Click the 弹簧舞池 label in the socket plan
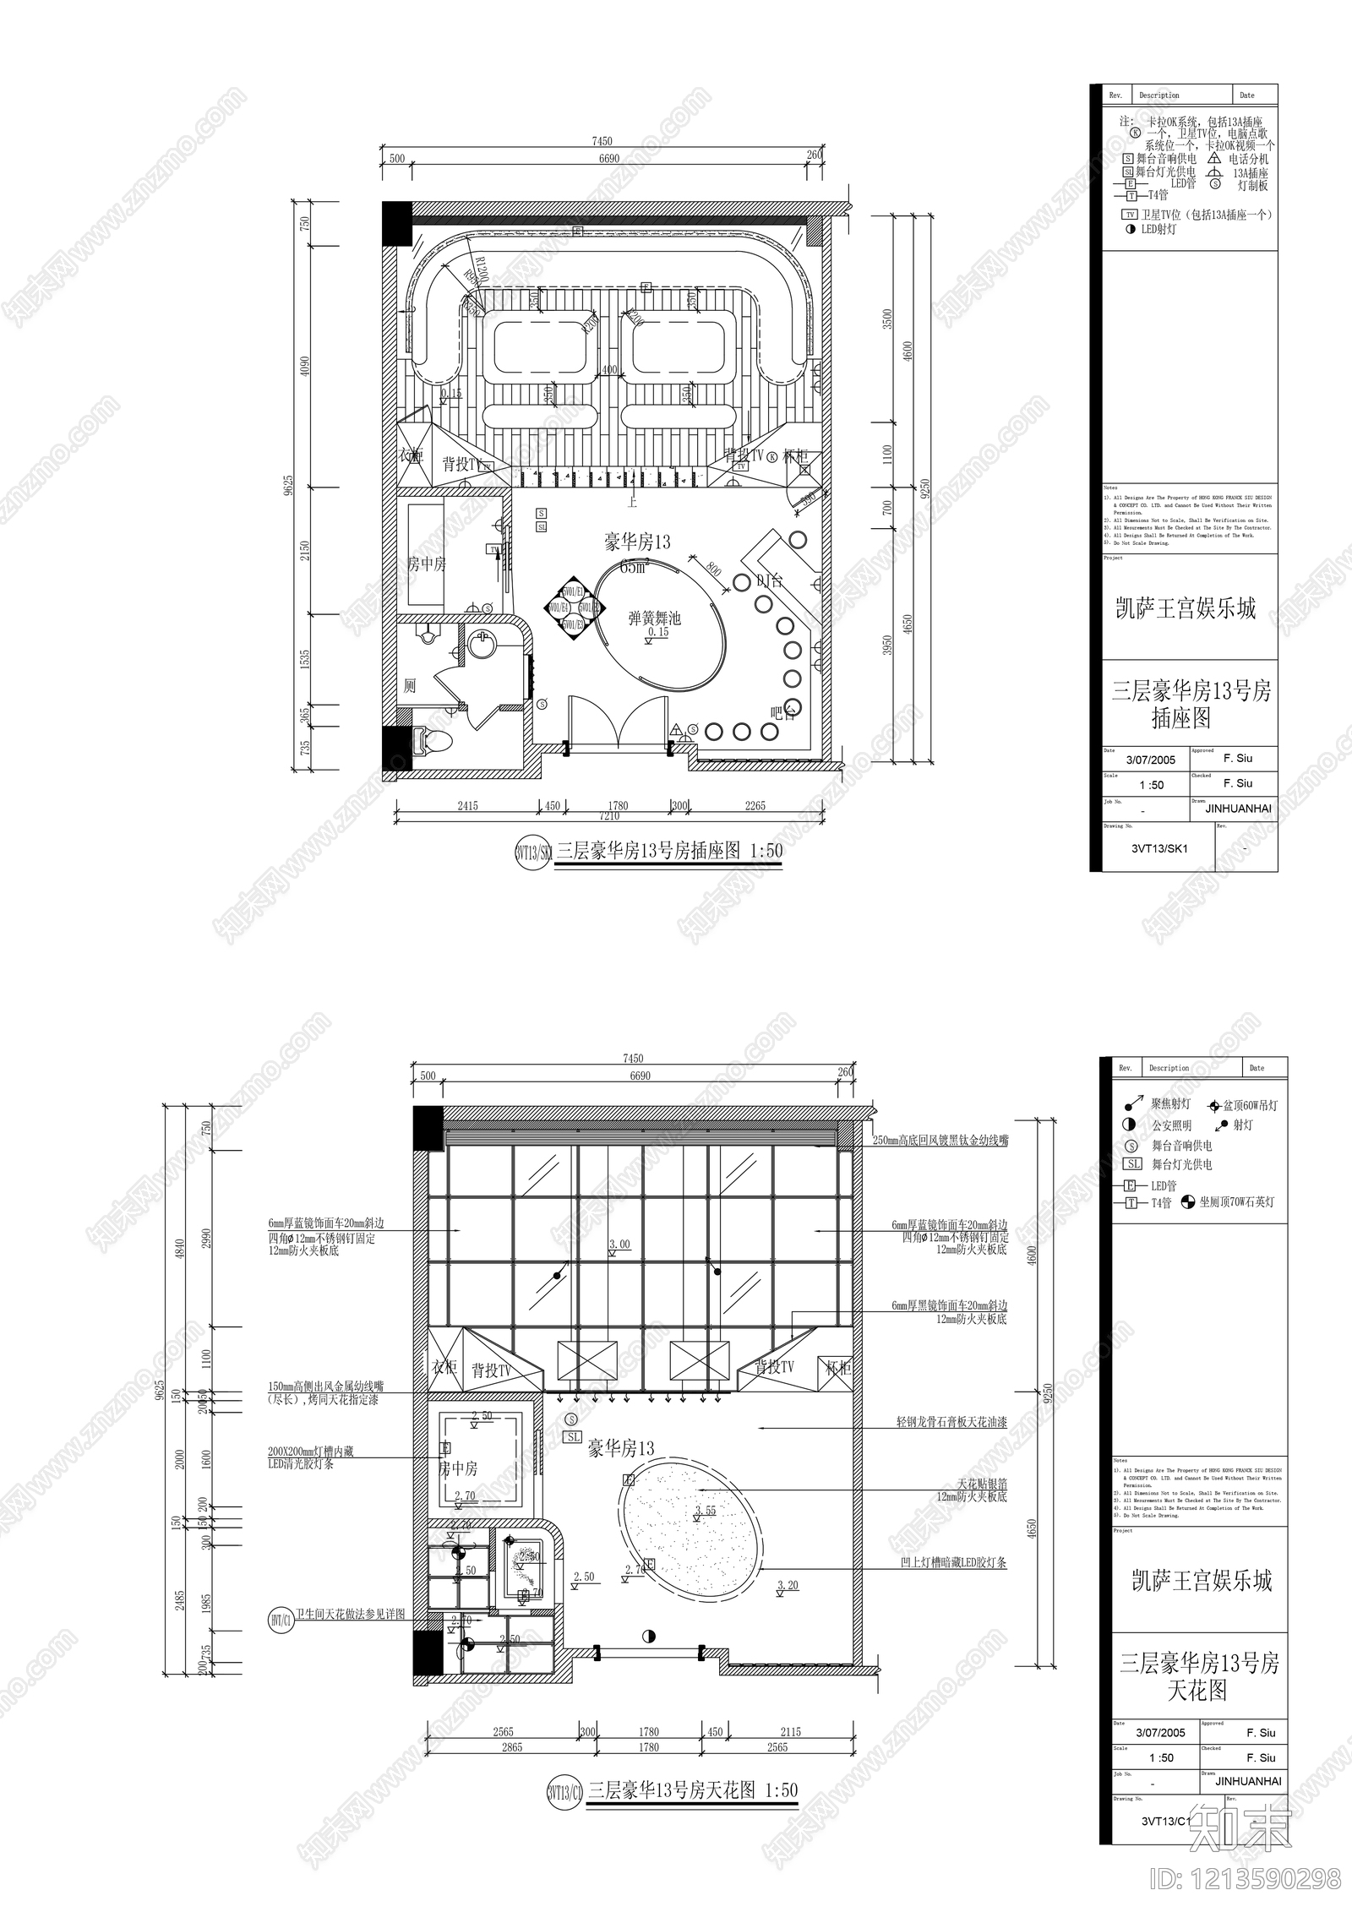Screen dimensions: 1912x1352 pos(654,618)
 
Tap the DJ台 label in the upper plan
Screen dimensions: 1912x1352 pos(769,580)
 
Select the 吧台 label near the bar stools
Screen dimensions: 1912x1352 pos(783,711)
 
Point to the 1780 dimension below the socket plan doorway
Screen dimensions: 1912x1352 pos(618,805)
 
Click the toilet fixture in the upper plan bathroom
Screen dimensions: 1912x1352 pos(435,740)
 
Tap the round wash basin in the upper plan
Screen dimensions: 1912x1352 pos(483,647)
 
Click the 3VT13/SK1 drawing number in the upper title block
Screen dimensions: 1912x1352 pos(1158,849)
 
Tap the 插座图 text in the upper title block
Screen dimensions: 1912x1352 pos(1181,718)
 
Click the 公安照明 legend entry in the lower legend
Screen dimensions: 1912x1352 pos(1171,1125)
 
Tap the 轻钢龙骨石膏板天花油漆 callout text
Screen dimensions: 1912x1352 pos(951,1423)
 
